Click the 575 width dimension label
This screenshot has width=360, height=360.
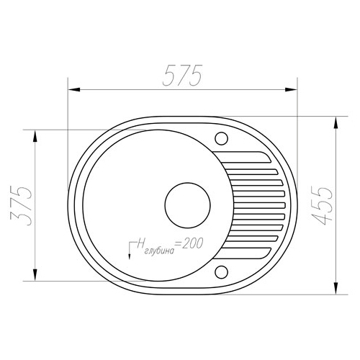coord(183,76)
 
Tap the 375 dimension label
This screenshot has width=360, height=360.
coord(21,205)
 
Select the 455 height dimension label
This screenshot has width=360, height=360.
coord(323,205)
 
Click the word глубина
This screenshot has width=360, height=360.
coord(160,251)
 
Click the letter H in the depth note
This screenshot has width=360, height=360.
coord(140,243)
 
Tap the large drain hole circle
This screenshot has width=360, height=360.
coord(188,205)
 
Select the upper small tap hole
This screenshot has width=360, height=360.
coord(221,138)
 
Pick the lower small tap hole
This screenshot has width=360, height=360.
coord(221,272)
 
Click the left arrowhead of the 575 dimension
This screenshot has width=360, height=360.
coord(73,90)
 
